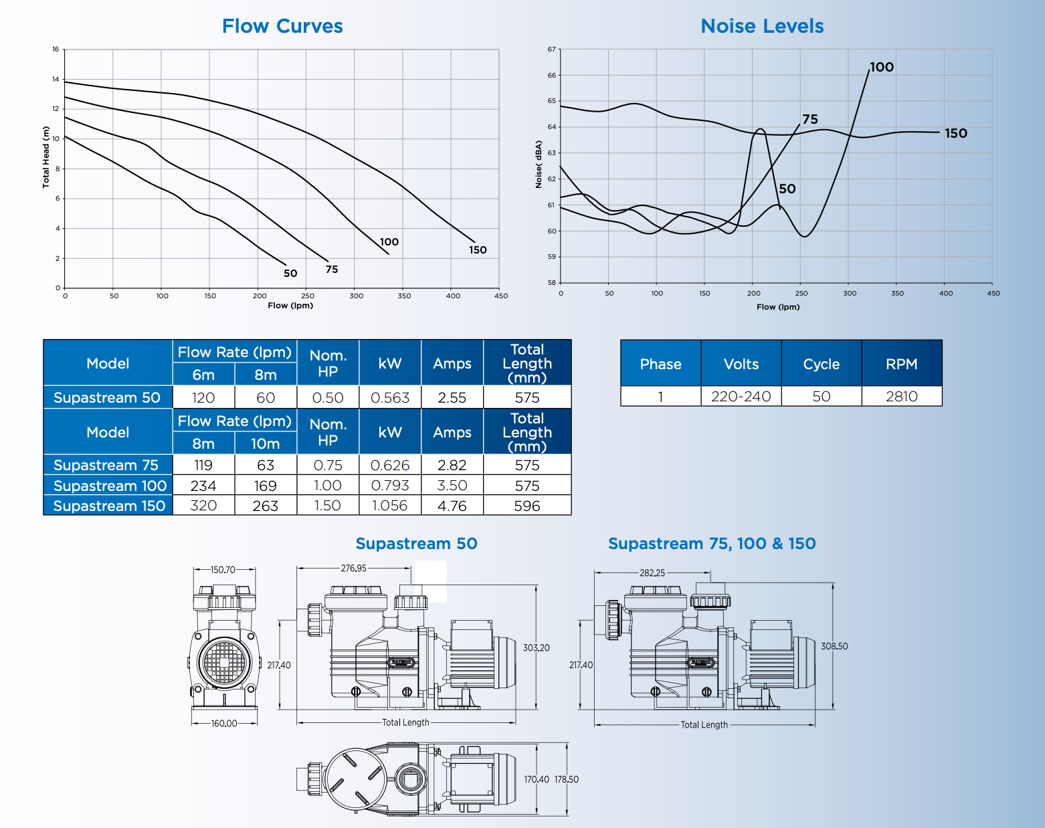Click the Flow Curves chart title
282,26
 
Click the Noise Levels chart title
762,26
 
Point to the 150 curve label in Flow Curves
478,250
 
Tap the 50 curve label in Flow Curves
290,274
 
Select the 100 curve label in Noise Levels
882,68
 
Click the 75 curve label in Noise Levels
810,120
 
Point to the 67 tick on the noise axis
552,49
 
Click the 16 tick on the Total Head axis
56,49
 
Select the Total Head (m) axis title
46,157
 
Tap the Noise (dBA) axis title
539,165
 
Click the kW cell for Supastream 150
390,506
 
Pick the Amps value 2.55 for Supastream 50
452,398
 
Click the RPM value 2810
901,397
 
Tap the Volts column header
741,365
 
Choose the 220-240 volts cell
741,397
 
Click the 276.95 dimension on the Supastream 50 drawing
354,568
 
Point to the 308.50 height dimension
834,646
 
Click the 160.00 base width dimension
224,724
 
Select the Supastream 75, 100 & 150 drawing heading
712,544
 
